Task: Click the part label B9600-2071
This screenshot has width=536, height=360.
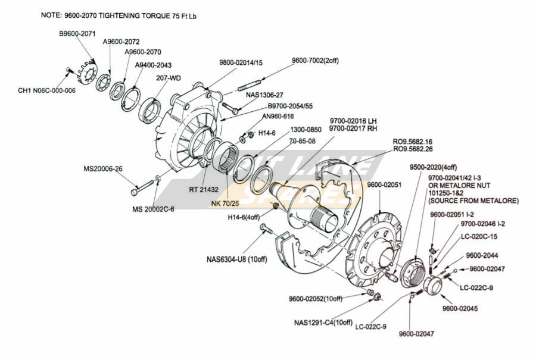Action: [77, 35]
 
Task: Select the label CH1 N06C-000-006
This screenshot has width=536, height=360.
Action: [48, 90]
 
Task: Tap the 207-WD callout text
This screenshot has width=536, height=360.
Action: [169, 78]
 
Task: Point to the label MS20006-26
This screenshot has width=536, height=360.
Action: [103, 168]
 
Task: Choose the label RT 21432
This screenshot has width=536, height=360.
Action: [205, 190]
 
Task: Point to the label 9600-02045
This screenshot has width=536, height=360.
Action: [460, 309]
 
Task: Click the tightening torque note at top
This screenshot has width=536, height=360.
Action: [119, 15]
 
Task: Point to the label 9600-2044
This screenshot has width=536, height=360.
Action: [482, 255]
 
